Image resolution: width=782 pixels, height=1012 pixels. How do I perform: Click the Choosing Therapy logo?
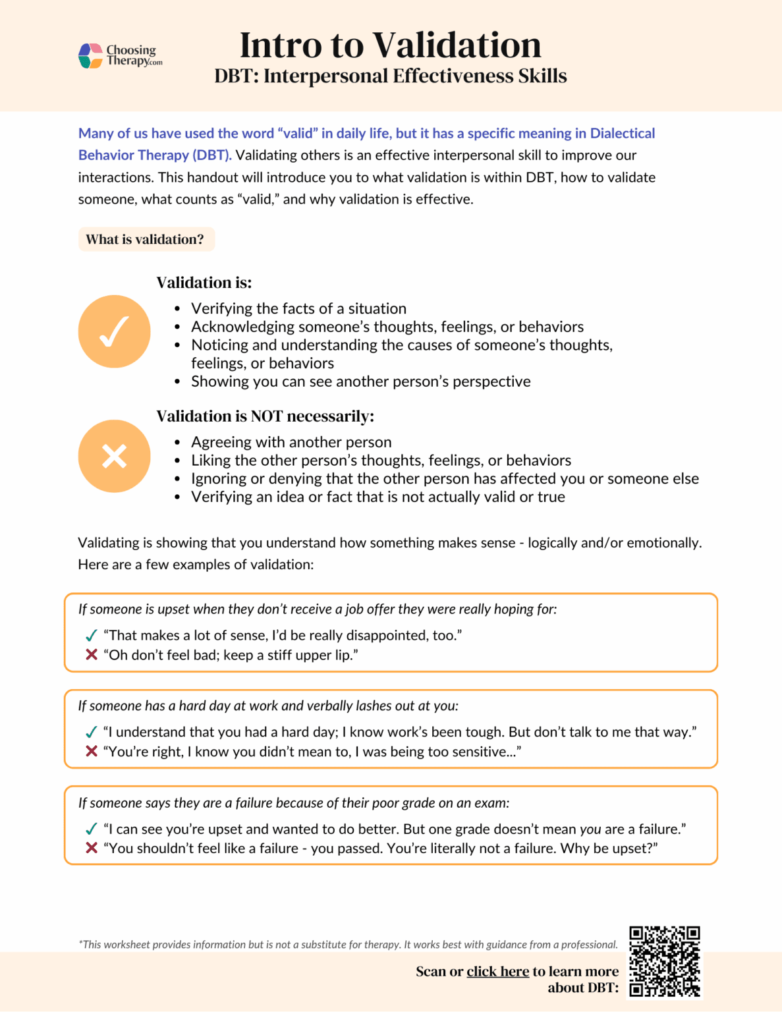coord(120,55)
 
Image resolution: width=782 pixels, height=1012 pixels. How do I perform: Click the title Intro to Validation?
coord(390,45)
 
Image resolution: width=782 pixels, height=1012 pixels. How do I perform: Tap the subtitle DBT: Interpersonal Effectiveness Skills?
coord(390,76)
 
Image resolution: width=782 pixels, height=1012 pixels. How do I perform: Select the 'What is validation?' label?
coord(146,239)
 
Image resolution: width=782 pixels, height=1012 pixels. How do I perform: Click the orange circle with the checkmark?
coord(114,331)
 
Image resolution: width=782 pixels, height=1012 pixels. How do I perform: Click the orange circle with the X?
coord(114,456)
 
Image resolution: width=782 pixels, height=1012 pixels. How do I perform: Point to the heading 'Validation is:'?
coord(204,283)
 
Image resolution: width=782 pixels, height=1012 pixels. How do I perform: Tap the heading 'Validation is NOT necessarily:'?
coord(265,416)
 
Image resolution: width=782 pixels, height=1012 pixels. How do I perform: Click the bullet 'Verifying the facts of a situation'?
coord(298,308)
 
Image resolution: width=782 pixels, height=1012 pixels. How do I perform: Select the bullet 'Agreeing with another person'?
coord(291,442)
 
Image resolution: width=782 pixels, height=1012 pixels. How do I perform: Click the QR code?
coord(664,961)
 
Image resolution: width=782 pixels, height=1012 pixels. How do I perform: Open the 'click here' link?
coord(497,971)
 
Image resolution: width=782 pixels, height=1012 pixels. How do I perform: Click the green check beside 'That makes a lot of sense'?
coord(92,636)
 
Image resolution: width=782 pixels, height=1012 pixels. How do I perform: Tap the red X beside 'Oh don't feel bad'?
coord(92,655)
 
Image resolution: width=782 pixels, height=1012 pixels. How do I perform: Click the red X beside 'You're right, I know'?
coord(92,751)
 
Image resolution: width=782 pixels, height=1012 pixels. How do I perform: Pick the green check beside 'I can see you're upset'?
coord(92,829)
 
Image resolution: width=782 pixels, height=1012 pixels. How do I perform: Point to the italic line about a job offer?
coord(317,609)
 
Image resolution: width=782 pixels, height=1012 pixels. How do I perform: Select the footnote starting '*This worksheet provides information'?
coord(348,944)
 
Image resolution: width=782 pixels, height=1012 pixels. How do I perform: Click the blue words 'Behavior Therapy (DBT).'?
coord(155,155)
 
